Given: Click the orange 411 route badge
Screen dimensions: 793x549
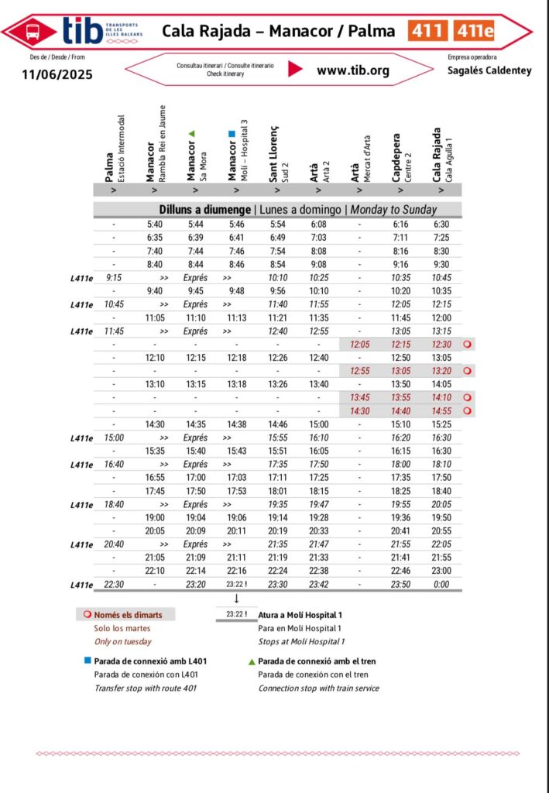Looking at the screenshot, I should pyautogui.click(x=427, y=31).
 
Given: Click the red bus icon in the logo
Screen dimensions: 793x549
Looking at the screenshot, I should pyautogui.click(x=33, y=32).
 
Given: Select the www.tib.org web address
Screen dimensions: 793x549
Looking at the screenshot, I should pyautogui.click(x=353, y=70).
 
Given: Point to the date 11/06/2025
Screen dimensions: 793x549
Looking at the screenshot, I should pyautogui.click(x=57, y=74).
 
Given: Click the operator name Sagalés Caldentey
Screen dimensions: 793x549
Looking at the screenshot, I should pyautogui.click(x=489, y=70).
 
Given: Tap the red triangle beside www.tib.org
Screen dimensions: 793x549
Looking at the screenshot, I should pyautogui.click(x=295, y=69).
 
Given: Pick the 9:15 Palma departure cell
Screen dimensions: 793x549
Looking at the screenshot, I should pyautogui.click(x=114, y=278).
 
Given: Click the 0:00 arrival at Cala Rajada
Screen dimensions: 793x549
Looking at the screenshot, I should pyautogui.click(x=441, y=585).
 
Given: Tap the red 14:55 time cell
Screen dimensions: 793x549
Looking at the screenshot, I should pyautogui.click(x=441, y=410).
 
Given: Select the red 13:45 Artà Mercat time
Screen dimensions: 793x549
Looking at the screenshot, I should pyautogui.click(x=359, y=397).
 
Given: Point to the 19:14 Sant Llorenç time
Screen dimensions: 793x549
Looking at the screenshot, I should pyautogui.click(x=278, y=517).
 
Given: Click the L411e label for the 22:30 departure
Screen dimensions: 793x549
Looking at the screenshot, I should pyautogui.click(x=81, y=585).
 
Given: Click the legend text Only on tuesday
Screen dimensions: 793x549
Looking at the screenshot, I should pyautogui.click(x=122, y=641).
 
